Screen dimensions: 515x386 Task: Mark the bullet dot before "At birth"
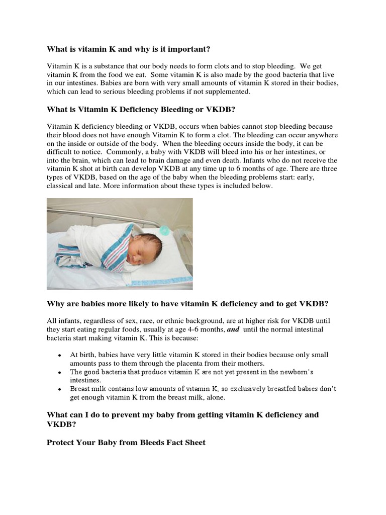pyautogui.click(x=59, y=355)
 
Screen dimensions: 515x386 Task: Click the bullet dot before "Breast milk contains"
pyautogui.click(x=59, y=389)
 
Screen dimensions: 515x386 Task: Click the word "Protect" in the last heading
pyautogui.click(x=61, y=442)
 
